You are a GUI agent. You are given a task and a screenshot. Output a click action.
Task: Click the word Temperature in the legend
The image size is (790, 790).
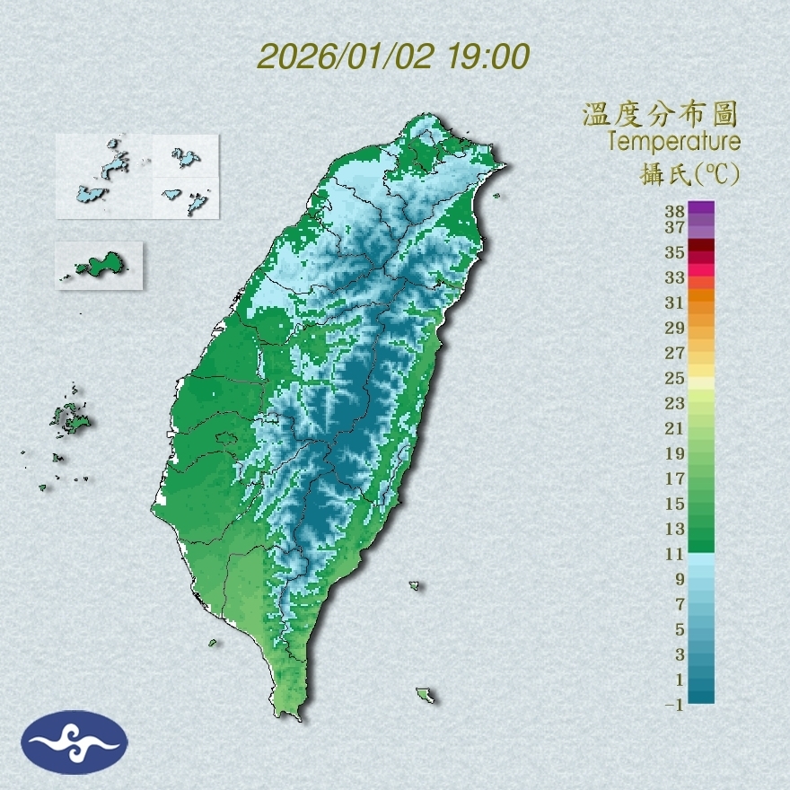point(673,142)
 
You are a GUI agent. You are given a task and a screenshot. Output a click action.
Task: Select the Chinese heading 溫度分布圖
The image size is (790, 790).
point(661,115)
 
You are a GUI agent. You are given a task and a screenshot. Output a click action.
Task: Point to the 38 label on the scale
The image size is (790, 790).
point(675,211)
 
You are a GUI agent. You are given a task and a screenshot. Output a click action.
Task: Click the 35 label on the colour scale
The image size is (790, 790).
point(675,252)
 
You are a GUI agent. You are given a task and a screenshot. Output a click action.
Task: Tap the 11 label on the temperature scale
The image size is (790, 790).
point(675,554)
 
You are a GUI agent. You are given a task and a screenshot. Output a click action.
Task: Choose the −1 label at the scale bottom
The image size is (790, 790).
point(674,706)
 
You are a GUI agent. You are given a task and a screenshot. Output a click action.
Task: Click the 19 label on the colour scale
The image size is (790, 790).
point(675,453)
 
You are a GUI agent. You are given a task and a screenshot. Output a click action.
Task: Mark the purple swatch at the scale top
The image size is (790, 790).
point(701,207)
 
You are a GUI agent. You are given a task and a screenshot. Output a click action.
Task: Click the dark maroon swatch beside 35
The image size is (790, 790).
point(701,245)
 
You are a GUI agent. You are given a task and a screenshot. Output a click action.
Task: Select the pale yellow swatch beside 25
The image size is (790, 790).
point(701,382)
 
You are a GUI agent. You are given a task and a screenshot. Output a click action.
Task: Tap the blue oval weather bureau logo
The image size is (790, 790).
point(75,742)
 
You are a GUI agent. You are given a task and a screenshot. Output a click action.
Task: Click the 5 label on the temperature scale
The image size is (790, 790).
point(680,629)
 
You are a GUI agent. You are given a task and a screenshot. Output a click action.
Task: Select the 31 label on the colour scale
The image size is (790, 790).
point(675,303)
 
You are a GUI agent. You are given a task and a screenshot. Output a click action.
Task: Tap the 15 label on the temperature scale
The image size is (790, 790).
point(675,504)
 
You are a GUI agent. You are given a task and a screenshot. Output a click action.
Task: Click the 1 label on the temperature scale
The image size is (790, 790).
point(680,680)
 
